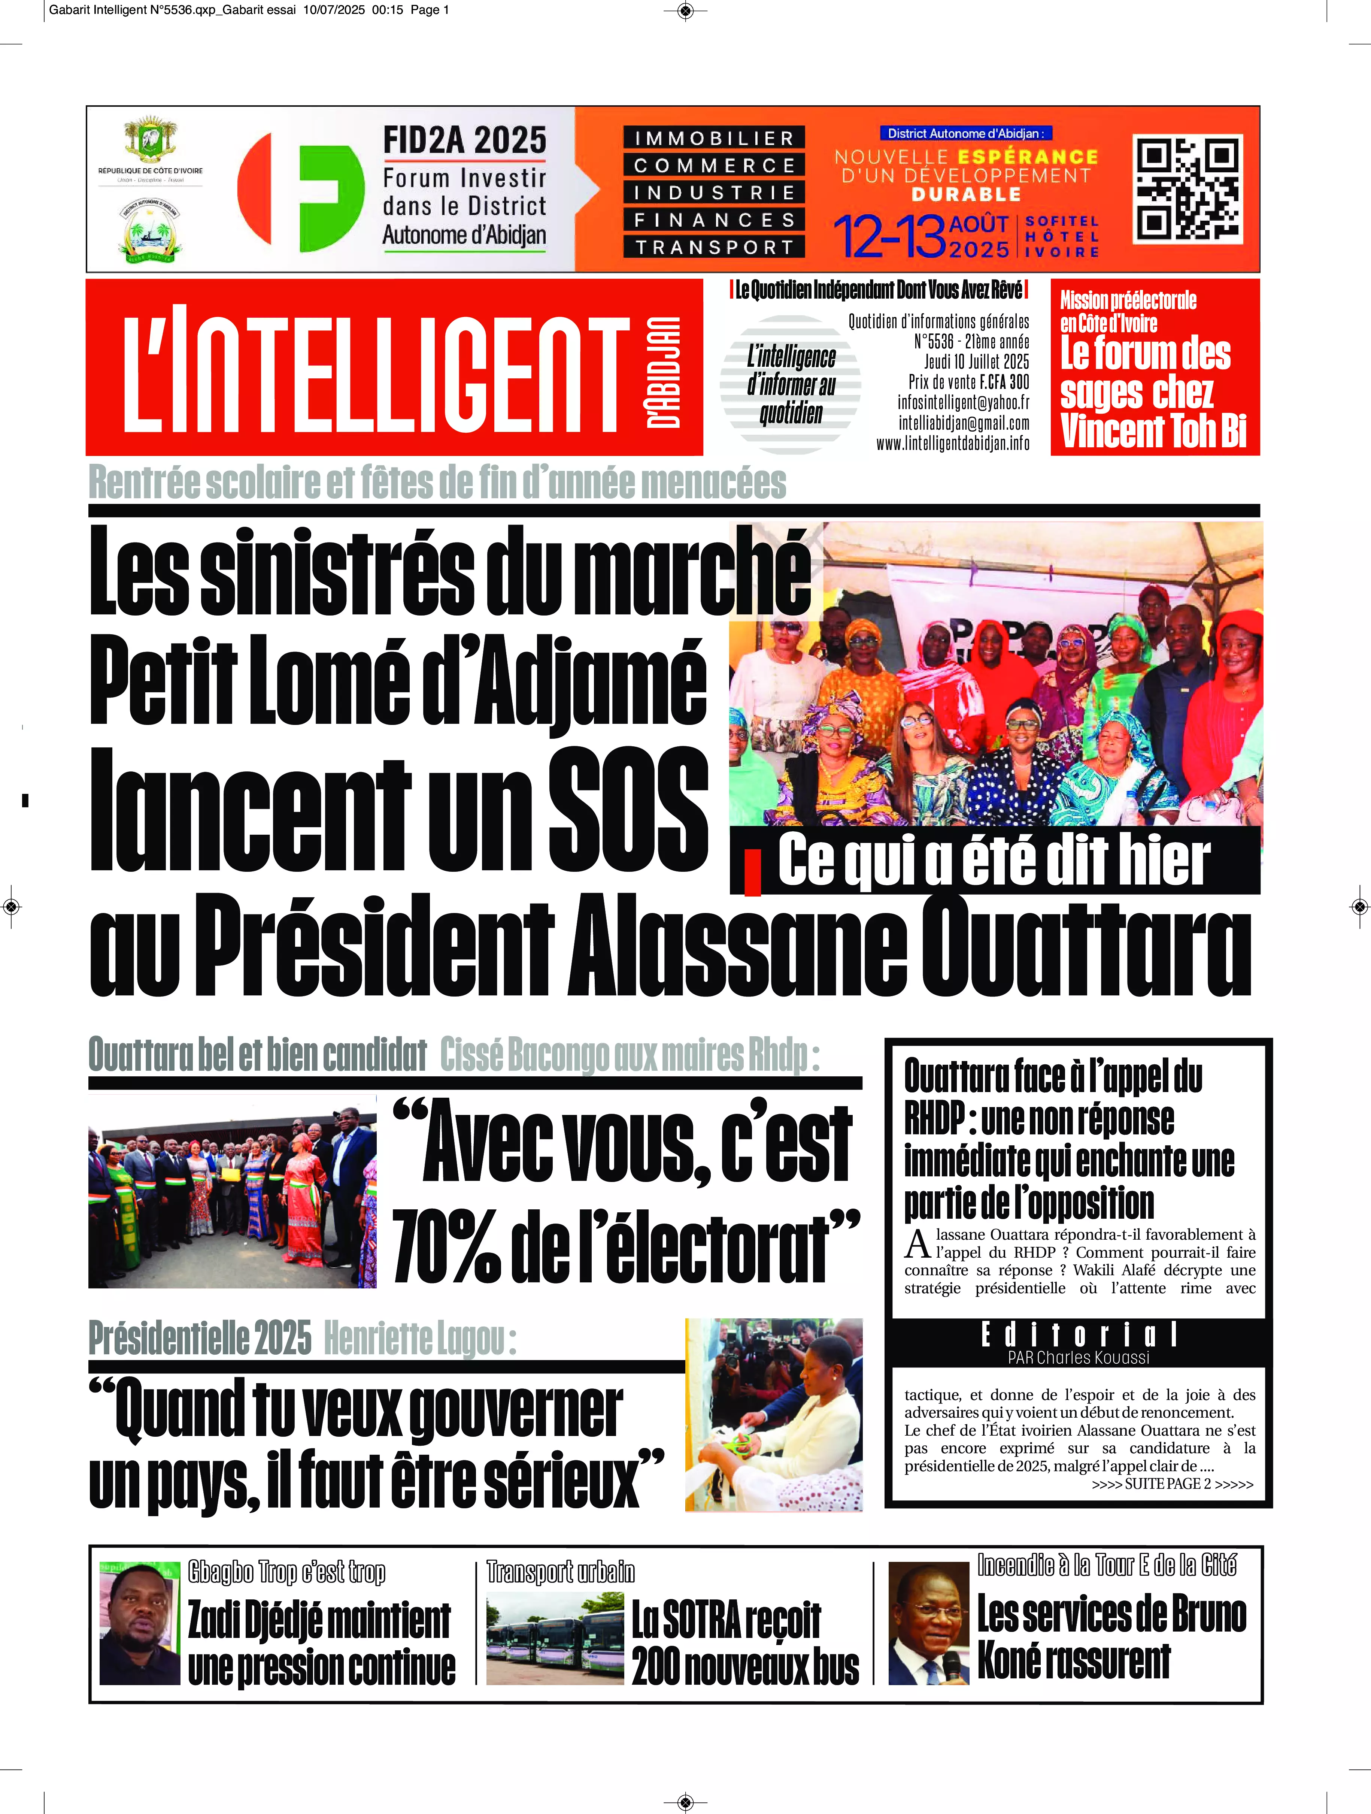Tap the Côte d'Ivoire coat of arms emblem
click(x=150, y=139)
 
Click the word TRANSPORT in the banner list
click(x=714, y=247)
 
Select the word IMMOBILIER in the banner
click(x=714, y=138)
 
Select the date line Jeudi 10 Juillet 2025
click(x=977, y=362)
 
